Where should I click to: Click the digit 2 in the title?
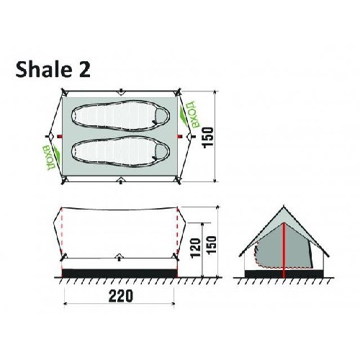click(84, 69)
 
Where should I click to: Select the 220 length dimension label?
click(120, 296)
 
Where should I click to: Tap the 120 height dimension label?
click(196, 248)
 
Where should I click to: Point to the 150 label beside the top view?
click(208, 138)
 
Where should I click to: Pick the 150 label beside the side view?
click(211, 246)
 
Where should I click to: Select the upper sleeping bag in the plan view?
click(121, 116)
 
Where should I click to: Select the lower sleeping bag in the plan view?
click(121, 151)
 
